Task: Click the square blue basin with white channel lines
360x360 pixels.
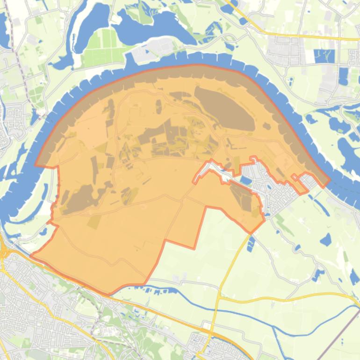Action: (324, 56)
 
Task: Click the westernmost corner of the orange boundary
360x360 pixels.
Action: (31, 256)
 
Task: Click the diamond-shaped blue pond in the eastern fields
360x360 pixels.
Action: (325, 240)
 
